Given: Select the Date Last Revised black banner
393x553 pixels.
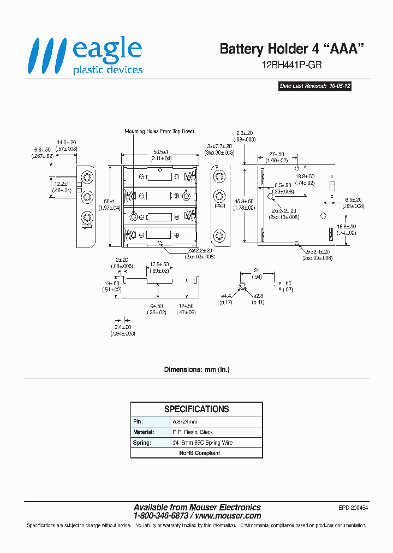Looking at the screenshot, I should (314, 86).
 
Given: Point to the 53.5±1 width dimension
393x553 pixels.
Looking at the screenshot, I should (160, 151).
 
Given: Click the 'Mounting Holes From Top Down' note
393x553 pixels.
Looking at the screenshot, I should (159, 131).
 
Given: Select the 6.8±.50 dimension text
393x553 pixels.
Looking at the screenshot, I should (42, 149).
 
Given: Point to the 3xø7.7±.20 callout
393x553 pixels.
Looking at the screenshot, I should (219, 146).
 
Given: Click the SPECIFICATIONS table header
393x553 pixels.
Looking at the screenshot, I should (196, 409).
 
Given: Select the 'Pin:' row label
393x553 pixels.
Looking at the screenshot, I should (138, 422).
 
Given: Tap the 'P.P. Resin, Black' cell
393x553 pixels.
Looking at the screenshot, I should (193, 432).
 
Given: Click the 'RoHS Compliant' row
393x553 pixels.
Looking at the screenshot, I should (196, 453).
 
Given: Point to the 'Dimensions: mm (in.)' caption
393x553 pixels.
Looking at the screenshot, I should (196, 370).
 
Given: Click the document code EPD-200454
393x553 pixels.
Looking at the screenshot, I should (353, 508).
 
